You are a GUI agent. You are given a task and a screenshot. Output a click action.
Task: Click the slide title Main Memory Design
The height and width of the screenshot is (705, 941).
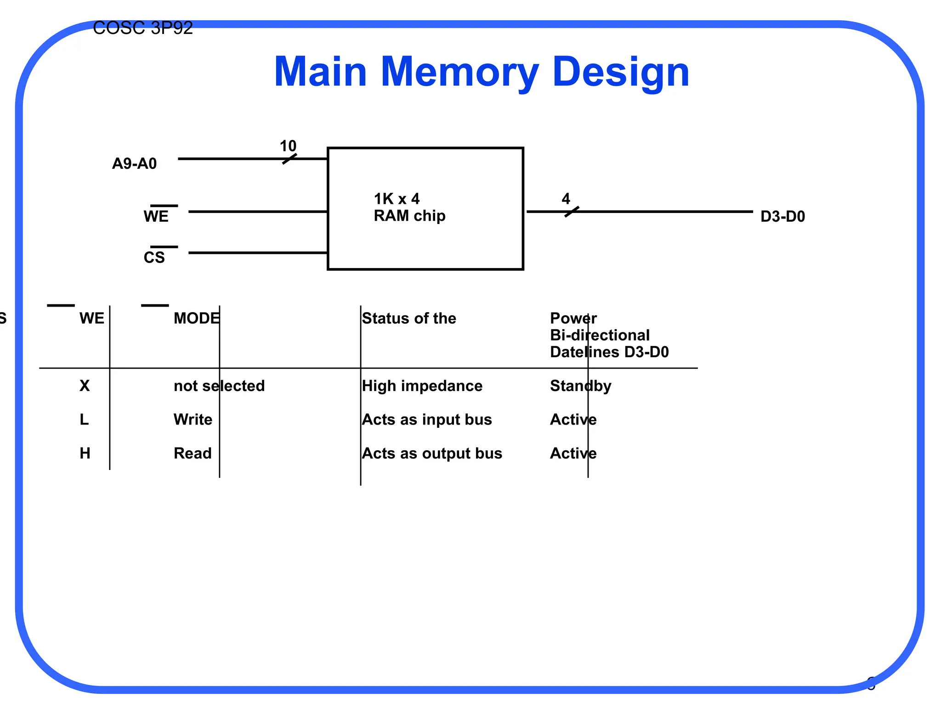[x=481, y=72]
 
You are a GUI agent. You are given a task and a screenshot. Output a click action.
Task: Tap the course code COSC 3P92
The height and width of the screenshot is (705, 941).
[x=142, y=28]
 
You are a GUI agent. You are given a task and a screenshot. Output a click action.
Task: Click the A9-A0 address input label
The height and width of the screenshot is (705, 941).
[x=134, y=164]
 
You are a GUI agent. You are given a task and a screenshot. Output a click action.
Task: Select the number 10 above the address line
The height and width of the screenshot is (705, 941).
[x=288, y=146]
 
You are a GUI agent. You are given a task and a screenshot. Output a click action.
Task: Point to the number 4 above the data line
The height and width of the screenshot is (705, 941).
[x=566, y=199]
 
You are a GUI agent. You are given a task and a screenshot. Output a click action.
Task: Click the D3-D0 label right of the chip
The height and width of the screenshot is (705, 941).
[x=782, y=217]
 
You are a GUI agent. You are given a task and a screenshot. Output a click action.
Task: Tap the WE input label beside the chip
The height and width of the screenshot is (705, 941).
[x=156, y=216]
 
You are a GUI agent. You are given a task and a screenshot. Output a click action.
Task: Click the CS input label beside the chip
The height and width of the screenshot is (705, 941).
[x=154, y=257]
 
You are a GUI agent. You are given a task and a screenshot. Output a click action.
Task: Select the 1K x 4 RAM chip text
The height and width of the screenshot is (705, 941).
[x=409, y=207]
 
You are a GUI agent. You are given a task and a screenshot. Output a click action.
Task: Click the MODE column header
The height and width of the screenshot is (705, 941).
[x=196, y=319]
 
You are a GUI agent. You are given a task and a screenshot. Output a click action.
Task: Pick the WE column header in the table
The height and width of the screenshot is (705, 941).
[x=91, y=319]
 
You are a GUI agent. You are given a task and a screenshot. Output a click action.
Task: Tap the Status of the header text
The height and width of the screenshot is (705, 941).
[x=409, y=319]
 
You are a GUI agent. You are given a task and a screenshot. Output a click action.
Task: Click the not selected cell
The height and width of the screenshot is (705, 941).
[x=219, y=386]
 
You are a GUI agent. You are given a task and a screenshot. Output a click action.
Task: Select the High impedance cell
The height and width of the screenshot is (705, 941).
[x=422, y=386]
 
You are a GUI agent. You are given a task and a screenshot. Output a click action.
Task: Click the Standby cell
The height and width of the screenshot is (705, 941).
[x=580, y=386]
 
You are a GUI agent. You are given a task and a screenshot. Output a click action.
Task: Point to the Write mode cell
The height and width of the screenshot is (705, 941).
[x=193, y=420]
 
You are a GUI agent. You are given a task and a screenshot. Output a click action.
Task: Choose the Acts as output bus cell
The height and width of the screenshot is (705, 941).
[x=432, y=453]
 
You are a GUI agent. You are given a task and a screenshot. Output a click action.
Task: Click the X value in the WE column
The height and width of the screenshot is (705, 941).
[x=85, y=386]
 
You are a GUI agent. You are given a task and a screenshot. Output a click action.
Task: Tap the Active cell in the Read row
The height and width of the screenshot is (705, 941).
[x=573, y=453]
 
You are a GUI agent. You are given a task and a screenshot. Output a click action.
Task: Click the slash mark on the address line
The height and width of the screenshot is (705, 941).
[x=289, y=159]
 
